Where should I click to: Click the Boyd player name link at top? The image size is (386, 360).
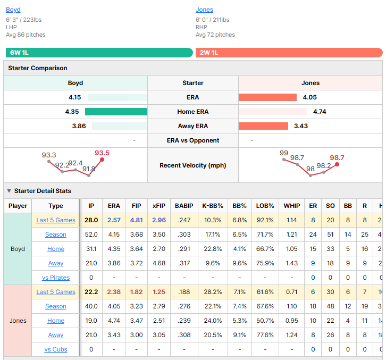click(x=13, y=10)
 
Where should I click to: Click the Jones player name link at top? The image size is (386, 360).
click(x=204, y=10)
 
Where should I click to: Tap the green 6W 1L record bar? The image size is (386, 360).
click(x=99, y=53)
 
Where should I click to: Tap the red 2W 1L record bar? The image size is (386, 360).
click(x=289, y=53)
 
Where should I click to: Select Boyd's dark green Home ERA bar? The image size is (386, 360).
click(x=116, y=112)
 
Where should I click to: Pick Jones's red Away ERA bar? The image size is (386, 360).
click(x=263, y=126)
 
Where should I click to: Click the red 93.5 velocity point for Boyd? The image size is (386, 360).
click(x=102, y=160)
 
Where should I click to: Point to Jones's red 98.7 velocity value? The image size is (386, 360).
click(x=337, y=157)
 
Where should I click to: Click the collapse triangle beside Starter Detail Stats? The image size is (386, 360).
click(x=9, y=191)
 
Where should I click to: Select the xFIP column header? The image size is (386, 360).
click(x=159, y=206)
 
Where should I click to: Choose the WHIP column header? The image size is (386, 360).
click(x=292, y=206)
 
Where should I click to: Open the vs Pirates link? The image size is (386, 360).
click(x=56, y=278)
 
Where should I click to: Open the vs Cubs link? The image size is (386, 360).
click(x=56, y=349)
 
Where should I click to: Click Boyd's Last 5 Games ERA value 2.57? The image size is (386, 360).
click(x=114, y=220)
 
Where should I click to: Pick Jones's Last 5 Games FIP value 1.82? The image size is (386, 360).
click(x=136, y=292)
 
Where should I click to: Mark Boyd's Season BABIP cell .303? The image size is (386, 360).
click(x=184, y=235)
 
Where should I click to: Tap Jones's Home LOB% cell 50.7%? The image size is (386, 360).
click(x=265, y=321)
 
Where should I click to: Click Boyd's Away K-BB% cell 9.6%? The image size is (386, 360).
click(x=213, y=263)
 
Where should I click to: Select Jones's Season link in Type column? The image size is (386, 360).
click(x=56, y=306)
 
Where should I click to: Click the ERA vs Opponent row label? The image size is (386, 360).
click(x=193, y=140)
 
